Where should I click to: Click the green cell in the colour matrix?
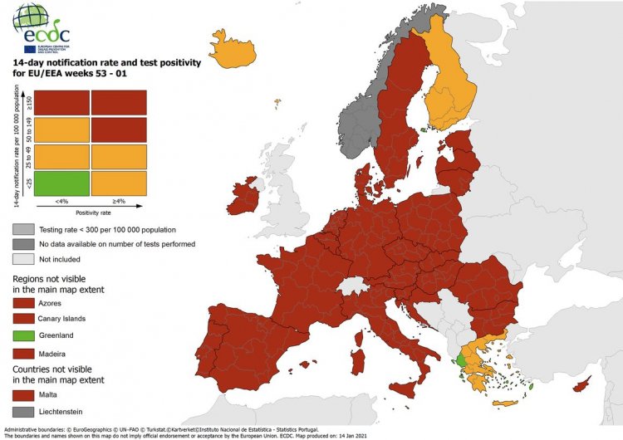(x=61, y=183)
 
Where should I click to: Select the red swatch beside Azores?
(x=22, y=305)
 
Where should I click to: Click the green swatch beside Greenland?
(x=22, y=335)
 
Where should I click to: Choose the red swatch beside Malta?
(x=22, y=394)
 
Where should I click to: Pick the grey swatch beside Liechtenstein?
(x=22, y=411)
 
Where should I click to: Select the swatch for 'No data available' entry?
(x=22, y=244)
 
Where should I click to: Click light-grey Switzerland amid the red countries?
(x=356, y=286)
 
